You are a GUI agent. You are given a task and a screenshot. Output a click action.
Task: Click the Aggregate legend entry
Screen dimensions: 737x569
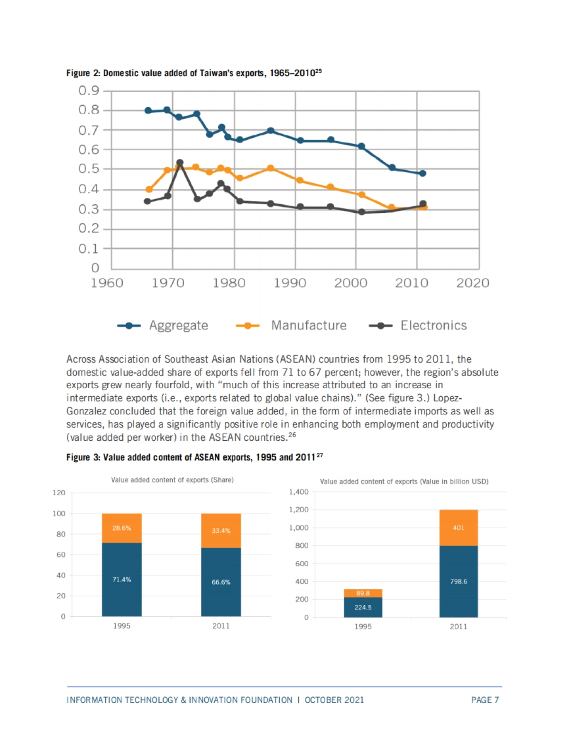click(163, 326)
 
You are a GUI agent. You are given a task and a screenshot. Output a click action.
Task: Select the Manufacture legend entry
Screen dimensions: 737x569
click(291, 326)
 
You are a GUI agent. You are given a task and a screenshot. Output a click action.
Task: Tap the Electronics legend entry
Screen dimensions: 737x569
click(418, 326)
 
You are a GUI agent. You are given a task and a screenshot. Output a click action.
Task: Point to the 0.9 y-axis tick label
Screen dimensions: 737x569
click(89, 91)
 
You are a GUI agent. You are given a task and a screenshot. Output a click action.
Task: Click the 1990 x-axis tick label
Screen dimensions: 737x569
click(290, 283)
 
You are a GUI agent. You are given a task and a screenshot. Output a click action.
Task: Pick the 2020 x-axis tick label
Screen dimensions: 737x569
click(472, 283)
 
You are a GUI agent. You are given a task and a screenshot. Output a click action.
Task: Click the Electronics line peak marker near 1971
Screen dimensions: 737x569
click(180, 163)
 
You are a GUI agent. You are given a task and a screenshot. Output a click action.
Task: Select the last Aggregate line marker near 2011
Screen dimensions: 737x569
click(422, 173)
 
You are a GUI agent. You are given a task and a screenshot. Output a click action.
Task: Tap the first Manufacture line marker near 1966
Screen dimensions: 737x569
click(149, 190)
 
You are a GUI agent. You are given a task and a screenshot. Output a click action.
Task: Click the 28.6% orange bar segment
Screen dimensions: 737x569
click(121, 528)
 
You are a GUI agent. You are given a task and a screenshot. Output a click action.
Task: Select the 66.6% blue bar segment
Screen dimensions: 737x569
click(221, 582)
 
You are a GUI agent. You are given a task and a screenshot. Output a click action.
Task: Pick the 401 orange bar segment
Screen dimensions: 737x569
click(459, 528)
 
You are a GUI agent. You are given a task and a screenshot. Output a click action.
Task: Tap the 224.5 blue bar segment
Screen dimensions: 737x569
click(363, 607)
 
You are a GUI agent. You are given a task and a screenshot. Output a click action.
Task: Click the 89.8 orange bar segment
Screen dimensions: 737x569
click(363, 593)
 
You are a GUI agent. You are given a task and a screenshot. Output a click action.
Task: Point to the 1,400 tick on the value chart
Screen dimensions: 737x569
click(299, 492)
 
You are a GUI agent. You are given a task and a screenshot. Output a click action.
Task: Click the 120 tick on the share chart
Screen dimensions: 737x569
click(59, 493)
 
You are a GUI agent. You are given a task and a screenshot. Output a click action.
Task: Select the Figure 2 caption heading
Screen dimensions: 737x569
click(193, 73)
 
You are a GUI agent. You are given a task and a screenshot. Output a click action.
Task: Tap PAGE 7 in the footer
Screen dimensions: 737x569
click(485, 700)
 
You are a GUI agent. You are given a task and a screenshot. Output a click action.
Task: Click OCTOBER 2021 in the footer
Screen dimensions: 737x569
click(334, 700)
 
